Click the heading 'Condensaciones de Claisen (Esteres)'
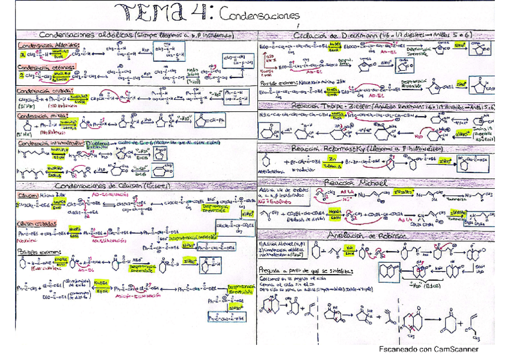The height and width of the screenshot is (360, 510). coord(114,186)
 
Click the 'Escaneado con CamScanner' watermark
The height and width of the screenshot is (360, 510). coord(429,349)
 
